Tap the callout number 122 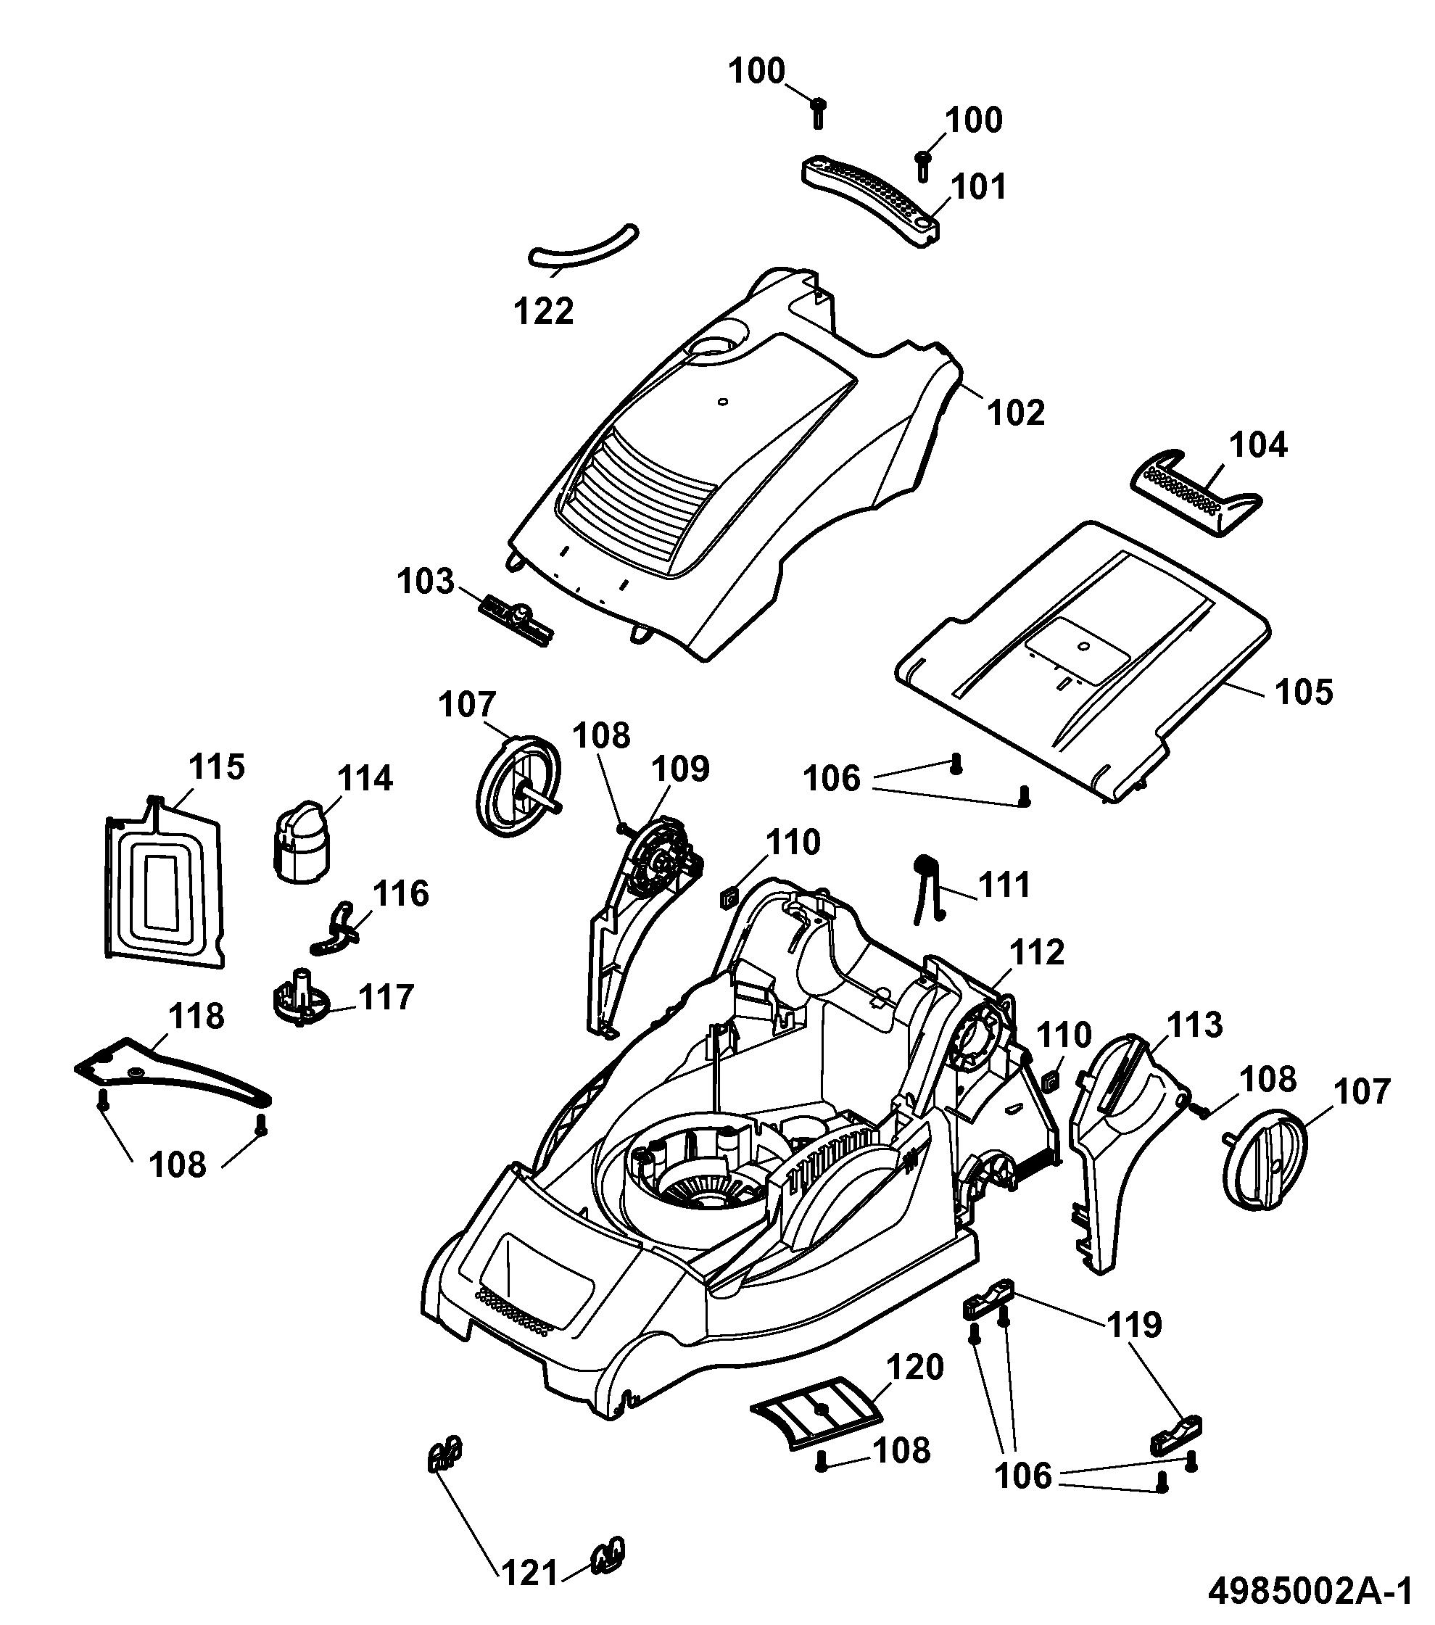544,311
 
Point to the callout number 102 1017,413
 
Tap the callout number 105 1304,692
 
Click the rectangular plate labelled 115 164,882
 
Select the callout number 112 1037,951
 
